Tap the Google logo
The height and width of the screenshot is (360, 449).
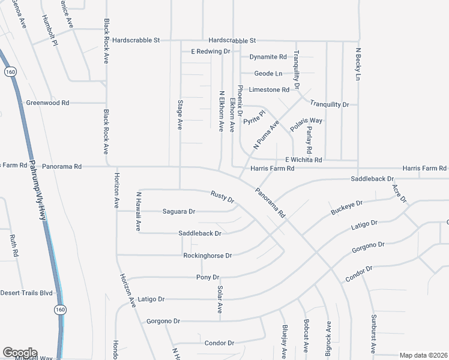point(19,353)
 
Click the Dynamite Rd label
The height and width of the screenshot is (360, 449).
point(268,57)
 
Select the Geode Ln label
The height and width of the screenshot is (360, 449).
point(268,73)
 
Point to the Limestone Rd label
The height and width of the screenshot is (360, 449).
point(269,89)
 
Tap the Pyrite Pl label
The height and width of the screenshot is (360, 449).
point(254,117)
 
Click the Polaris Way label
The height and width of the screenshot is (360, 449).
point(306,124)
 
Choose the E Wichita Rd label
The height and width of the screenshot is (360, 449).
point(304,160)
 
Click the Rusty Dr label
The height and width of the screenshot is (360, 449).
point(221,196)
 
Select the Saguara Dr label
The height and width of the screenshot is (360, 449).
point(179,211)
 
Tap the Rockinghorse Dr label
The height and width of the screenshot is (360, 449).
point(207,256)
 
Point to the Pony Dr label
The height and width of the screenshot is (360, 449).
point(208,277)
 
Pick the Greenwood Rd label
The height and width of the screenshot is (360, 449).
point(47,103)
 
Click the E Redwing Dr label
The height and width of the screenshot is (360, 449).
point(211,52)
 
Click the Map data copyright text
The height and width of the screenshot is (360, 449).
point(424,355)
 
